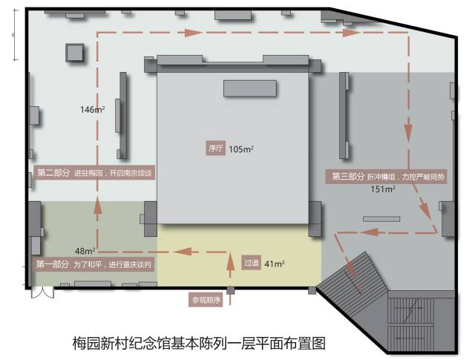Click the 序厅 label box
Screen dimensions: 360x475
pyautogui.click(x=216, y=149)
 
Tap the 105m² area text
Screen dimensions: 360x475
pyautogui.click(x=241, y=149)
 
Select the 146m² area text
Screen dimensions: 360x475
pyautogui.click(x=92, y=110)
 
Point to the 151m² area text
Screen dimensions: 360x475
pyautogui.click(x=382, y=189)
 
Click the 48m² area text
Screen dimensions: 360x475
pyautogui.click(x=84, y=250)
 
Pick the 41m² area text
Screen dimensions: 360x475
pyautogui.click(x=275, y=263)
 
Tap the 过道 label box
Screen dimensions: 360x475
pyautogui.click(x=252, y=263)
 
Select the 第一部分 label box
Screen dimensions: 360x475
pyautogui.click(x=53, y=264)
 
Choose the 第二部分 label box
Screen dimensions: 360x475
pyautogui.click(x=53, y=173)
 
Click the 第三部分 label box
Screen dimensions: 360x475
pyautogui.click(x=347, y=177)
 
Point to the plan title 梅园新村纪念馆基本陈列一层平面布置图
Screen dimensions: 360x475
pyautogui.click(x=199, y=343)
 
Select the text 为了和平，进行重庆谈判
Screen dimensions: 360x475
pyautogui.click(x=113, y=264)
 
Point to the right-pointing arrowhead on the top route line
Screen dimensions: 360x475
pyautogui.click(x=194, y=33)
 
